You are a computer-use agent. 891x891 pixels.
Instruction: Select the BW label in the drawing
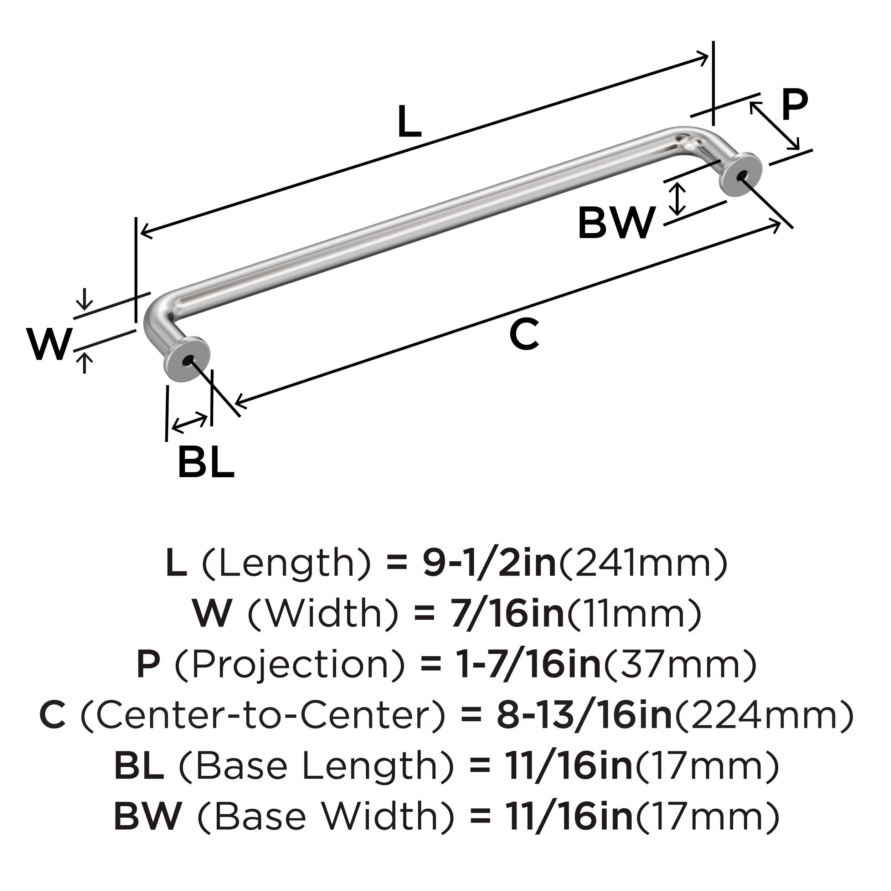tap(616, 223)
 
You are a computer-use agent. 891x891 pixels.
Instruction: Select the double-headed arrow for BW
tap(677, 199)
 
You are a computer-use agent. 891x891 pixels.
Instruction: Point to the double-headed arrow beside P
tap(774, 125)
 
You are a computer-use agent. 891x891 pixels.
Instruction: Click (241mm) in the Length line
tap(644, 563)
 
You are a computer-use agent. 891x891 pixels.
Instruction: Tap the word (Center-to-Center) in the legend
tap(263, 715)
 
